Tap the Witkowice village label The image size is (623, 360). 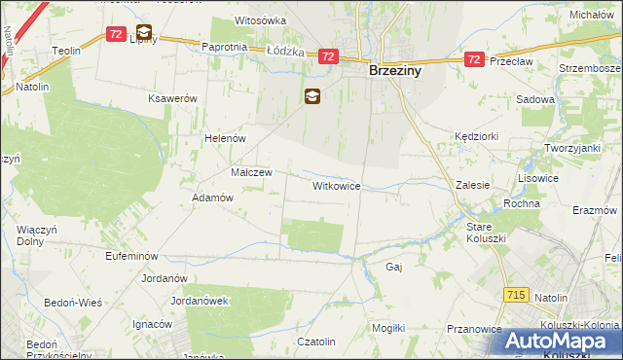pos(337,185)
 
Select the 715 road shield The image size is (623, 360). pos(518,294)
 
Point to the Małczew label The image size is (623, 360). pos(251,172)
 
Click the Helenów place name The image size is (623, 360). pos(223,138)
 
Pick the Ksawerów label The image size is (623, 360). pos(172,99)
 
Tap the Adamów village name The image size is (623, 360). pos(213,197)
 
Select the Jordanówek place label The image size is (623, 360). pos(199,301)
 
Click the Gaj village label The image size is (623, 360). pos(394,266)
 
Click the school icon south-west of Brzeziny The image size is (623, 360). pos(311,95)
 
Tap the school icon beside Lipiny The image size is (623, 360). pos(144,32)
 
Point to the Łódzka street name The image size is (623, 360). pos(285,51)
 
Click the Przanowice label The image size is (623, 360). pos(473,329)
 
